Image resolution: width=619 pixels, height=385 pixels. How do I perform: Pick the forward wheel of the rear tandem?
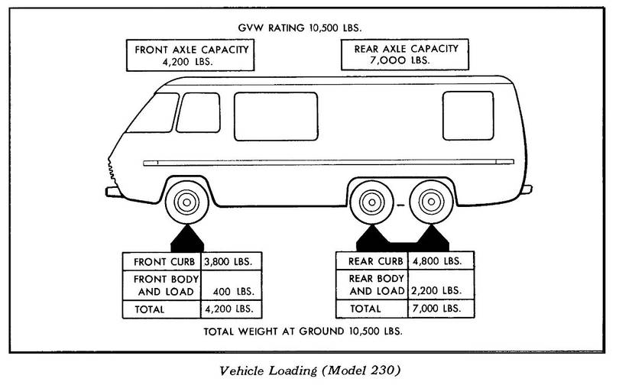coord(371,204)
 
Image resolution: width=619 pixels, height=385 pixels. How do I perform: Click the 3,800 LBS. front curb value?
coord(229,261)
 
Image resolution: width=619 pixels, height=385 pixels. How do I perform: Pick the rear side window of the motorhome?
coord(468,115)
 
